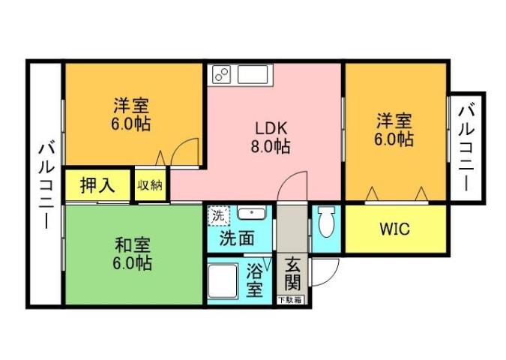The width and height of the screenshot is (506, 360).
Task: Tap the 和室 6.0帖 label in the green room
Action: tap(133, 254)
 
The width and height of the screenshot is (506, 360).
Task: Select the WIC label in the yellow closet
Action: tap(394, 229)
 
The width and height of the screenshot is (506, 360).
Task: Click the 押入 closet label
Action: tap(97, 186)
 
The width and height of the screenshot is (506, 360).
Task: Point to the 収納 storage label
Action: tap(150, 185)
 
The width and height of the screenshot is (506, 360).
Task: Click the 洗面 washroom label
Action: tap(236, 239)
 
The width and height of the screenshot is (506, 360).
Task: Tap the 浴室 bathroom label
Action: tap(255, 279)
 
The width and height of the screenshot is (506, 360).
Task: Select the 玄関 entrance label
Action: tap(292, 276)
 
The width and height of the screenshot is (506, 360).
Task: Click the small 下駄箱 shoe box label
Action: tap(291, 300)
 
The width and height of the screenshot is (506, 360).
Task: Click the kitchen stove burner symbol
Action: tap(222, 73)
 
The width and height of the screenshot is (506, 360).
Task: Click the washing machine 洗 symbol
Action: tap(218, 215)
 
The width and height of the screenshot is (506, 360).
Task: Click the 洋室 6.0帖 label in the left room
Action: tap(131, 114)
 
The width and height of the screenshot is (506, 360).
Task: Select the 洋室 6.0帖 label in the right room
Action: tap(394, 129)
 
